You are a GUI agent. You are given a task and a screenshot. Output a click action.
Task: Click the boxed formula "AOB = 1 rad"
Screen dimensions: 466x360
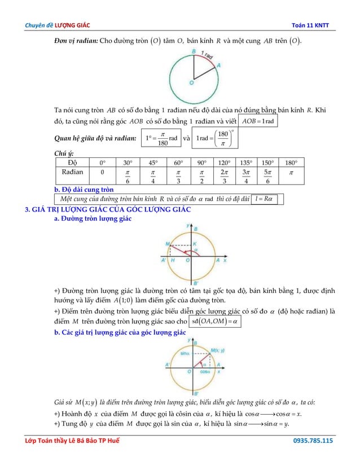pos(258,122)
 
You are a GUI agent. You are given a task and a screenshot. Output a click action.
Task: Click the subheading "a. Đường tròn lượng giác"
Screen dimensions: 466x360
pos(93,218)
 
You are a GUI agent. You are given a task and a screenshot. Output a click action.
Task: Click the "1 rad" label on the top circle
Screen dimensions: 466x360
pos(207,55)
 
